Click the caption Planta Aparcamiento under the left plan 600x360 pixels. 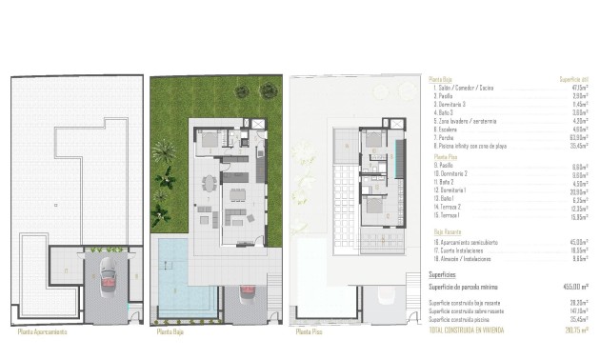click(49, 333)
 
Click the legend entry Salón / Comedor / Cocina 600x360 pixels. click(469, 88)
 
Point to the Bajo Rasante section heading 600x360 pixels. click(448, 231)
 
